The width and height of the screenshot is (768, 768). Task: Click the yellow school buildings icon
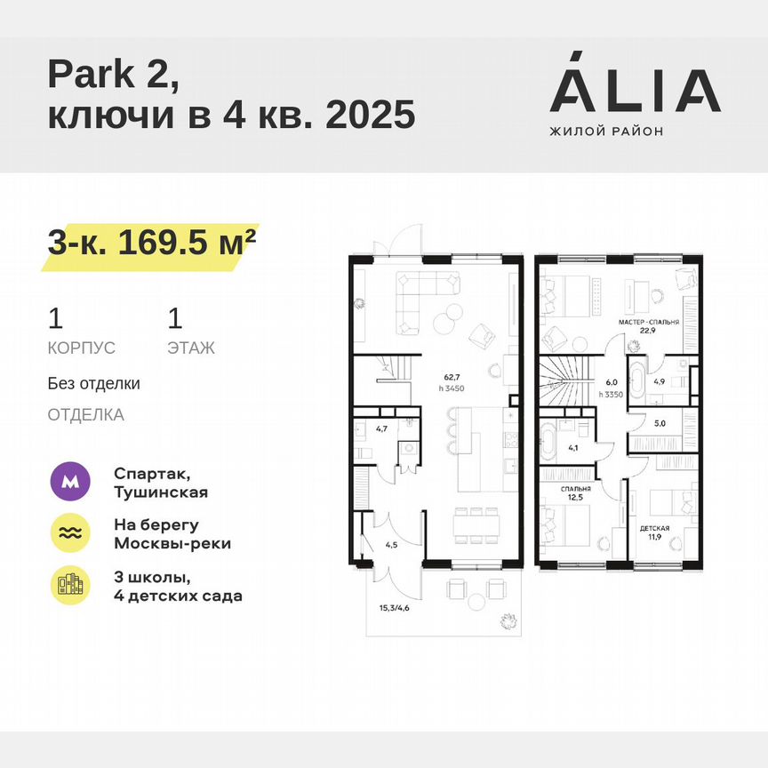pyautogui.click(x=70, y=584)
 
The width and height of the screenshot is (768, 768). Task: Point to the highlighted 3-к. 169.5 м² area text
pyautogui.click(x=151, y=242)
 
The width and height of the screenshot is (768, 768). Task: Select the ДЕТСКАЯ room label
pyautogui.click(x=655, y=528)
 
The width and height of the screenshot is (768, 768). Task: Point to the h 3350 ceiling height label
pyautogui.click(x=612, y=394)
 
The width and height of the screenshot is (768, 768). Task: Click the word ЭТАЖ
pyautogui.click(x=190, y=348)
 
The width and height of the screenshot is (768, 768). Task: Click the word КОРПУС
pyautogui.click(x=82, y=348)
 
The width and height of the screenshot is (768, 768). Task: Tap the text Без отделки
pyautogui.click(x=93, y=384)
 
